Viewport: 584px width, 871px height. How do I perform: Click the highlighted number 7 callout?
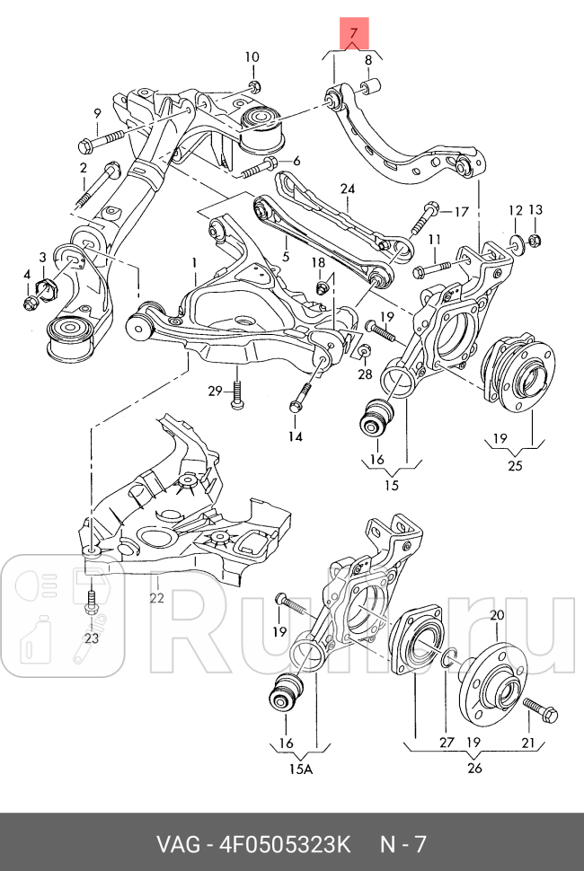point(354,35)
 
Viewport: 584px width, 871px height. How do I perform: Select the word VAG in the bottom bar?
point(179,845)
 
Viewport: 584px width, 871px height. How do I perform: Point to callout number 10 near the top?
point(252,57)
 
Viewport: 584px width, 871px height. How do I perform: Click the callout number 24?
point(348,189)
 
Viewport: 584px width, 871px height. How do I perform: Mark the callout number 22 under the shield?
point(155,598)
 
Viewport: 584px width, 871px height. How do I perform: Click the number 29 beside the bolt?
point(215,390)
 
